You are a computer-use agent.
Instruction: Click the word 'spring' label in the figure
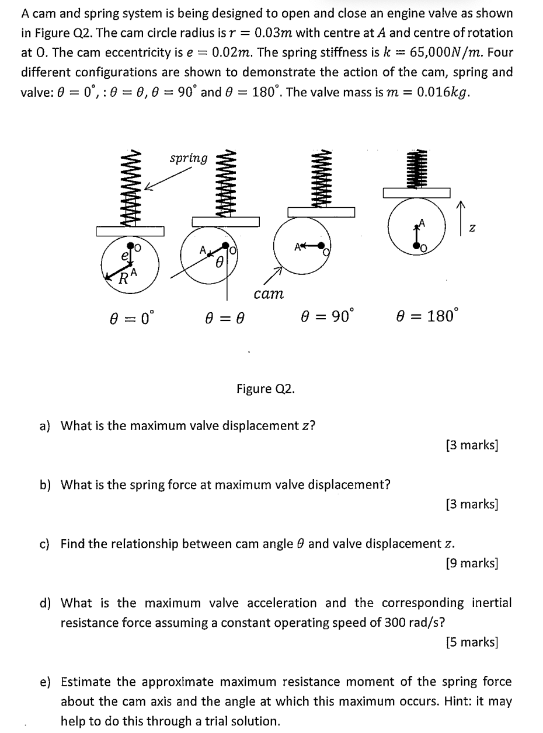188,158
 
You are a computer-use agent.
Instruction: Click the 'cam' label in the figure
269,294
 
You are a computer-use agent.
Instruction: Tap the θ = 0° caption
133,318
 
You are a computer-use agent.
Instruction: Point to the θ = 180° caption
428,316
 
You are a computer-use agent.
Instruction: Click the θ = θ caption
224,318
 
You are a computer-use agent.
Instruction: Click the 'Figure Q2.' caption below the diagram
266,389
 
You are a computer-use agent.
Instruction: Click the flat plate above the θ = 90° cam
321,211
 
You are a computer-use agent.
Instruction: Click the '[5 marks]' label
471,643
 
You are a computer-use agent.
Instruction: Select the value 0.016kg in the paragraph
443,93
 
